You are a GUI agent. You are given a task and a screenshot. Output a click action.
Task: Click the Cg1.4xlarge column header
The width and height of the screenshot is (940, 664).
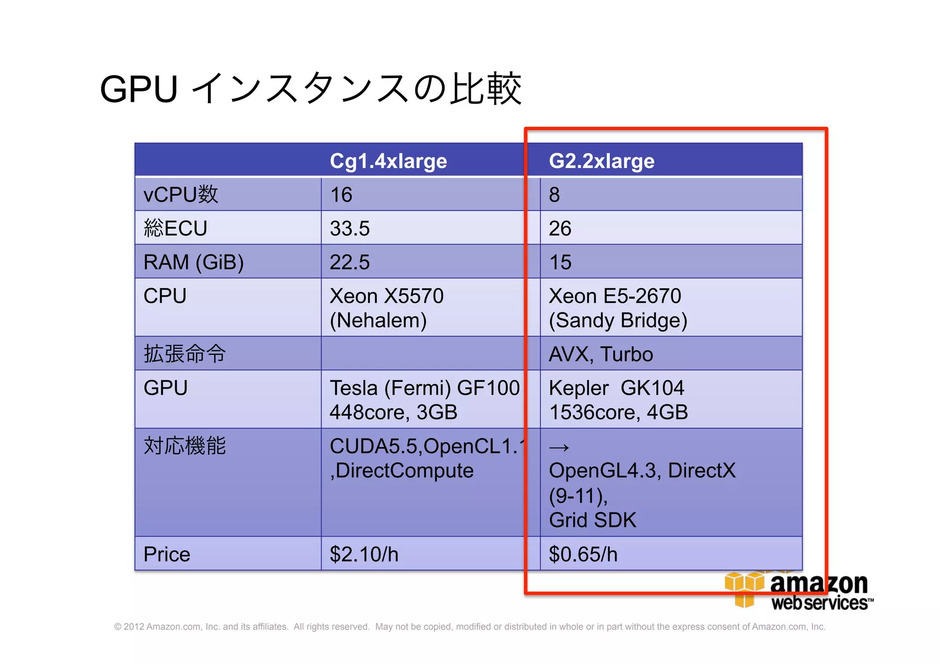pyautogui.click(x=388, y=161)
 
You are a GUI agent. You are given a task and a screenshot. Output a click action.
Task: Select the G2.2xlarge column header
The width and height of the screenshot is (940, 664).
pyautogui.click(x=601, y=161)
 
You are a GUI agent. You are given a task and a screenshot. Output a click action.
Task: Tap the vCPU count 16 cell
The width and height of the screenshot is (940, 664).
pyautogui.click(x=341, y=195)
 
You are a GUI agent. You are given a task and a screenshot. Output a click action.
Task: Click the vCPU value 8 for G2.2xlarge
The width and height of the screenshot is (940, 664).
pyautogui.click(x=554, y=195)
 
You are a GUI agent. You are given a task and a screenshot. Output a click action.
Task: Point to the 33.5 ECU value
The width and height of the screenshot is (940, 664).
pyautogui.click(x=350, y=228)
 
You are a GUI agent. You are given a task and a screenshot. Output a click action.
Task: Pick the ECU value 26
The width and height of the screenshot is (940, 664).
pyautogui.click(x=560, y=228)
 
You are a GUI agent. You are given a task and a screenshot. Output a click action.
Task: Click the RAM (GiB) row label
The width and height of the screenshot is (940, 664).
pyautogui.click(x=193, y=262)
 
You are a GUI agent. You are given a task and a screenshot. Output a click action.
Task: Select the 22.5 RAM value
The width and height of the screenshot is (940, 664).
pyautogui.click(x=350, y=262)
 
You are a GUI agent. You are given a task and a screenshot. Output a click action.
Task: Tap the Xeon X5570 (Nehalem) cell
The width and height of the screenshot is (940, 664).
pyautogui.click(x=386, y=307)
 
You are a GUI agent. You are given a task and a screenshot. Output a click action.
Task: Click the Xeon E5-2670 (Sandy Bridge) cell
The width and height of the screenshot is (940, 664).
pyautogui.click(x=617, y=307)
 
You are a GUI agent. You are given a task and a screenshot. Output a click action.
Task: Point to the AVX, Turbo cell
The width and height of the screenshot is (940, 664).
pyautogui.click(x=600, y=354)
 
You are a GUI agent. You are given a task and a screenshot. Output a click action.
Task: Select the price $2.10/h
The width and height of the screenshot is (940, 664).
pyautogui.click(x=364, y=554)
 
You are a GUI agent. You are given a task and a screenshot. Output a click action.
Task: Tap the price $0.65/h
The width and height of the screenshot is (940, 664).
pyautogui.click(x=583, y=554)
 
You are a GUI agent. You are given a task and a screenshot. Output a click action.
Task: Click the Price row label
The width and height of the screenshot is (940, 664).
pyautogui.click(x=167, y=554)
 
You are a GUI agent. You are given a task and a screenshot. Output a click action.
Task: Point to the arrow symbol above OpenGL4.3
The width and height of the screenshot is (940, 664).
pyautogui.click(x=559, y=447)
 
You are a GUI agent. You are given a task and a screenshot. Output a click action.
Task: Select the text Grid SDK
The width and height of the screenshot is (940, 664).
pyautogui.click(x=592, y=520)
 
